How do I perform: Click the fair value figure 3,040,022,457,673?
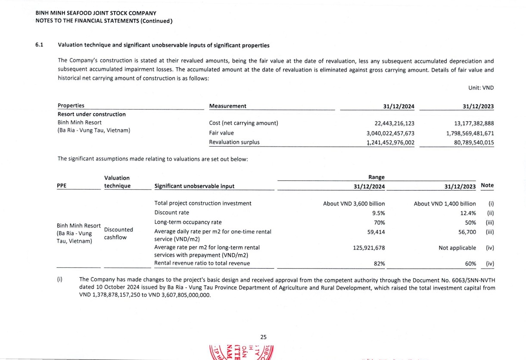point(390,133)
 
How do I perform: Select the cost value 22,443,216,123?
point(394,123)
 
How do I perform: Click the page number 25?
point(264,337)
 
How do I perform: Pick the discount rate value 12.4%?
point(468,213)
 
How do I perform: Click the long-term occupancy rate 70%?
point(380,222)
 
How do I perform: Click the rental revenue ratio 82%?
point(380,263)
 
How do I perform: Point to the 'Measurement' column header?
point(227,106)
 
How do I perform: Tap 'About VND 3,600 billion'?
point(354,203)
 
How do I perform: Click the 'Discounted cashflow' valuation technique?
point(118,233)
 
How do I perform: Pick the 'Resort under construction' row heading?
point(92,114)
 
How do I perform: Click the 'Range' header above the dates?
point(377,177)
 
